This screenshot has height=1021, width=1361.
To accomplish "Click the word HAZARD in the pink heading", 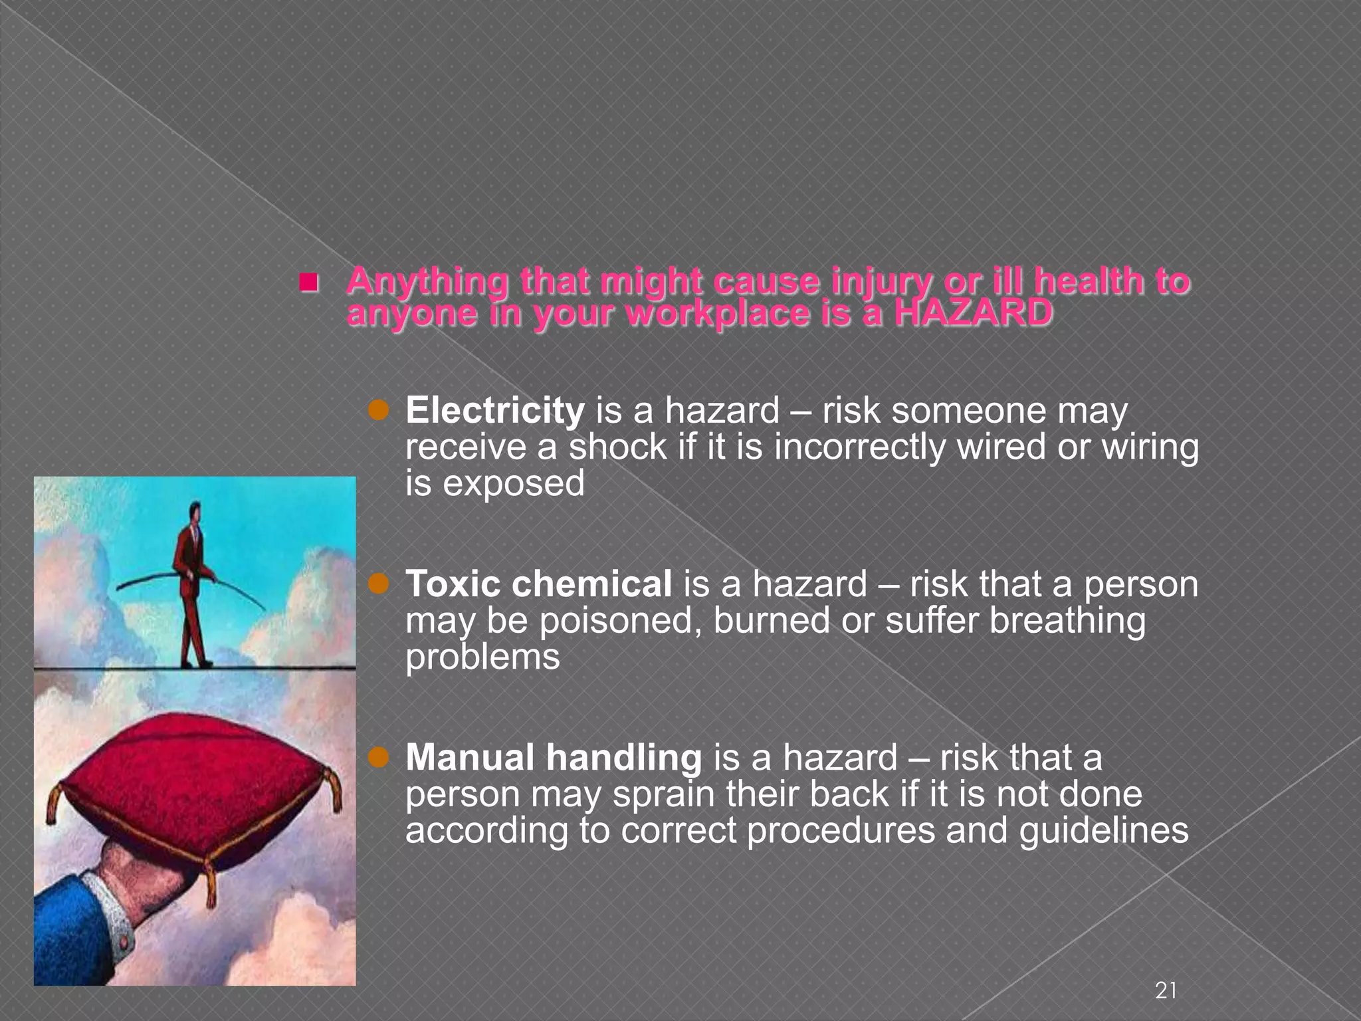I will pos(973,313).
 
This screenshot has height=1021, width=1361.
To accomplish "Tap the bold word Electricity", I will pos(495,410).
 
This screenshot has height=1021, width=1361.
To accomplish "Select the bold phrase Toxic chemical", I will pos(538,584).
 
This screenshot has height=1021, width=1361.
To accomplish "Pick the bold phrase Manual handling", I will pos(554,758).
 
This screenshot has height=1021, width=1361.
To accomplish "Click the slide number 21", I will pos(1166,990).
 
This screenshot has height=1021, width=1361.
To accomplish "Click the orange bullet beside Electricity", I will pos(378,411).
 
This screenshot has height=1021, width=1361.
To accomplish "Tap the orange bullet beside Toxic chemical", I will pos(378,584).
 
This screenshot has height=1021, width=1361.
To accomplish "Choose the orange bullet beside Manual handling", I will pos(378,758).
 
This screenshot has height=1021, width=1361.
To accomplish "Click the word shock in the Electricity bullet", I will pos(617,447).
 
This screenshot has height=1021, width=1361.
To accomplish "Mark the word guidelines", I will pos(1103,830).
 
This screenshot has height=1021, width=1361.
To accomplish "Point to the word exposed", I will pos(514,483).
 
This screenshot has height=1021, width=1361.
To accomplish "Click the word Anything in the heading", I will pos(427,281).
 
